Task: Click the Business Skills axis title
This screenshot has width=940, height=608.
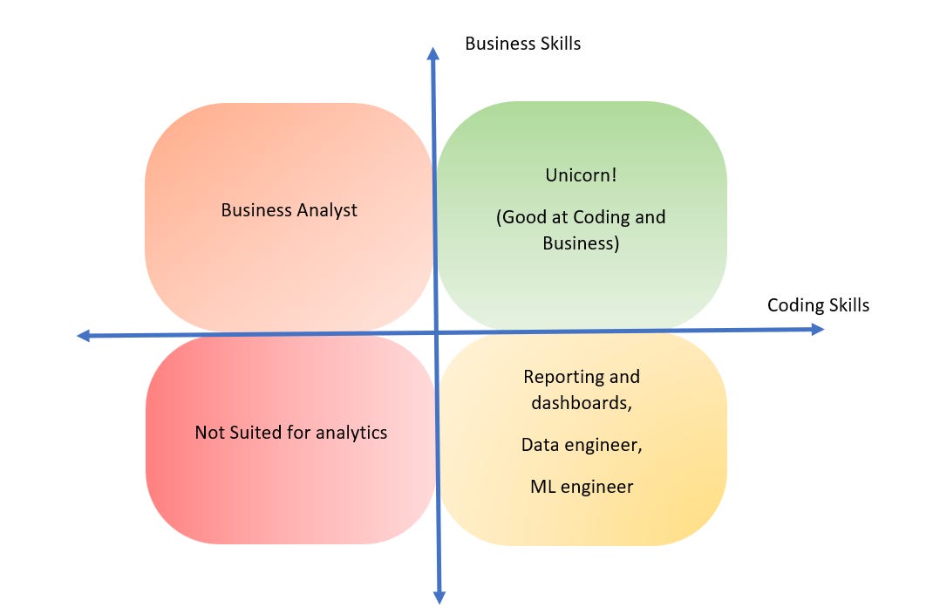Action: coord(522,44)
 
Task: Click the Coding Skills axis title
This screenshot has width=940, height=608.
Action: coord(818,305)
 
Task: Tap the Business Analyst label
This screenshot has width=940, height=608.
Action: coord(289,210)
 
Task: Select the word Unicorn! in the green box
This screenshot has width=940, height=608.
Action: coord(581,174)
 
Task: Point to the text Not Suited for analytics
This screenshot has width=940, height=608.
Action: coord(290,432)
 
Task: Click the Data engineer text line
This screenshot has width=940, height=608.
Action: coord(582,445)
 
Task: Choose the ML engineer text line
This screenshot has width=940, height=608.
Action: coord(582,487)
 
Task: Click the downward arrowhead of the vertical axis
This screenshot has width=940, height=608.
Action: coord(439,597)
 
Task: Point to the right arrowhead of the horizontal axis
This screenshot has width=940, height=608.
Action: coord(818,329)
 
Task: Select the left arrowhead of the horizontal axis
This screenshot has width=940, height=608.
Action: coord(84,335)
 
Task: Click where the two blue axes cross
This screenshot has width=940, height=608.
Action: coord(435,332)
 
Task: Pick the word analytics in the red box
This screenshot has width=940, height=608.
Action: coord(351,432)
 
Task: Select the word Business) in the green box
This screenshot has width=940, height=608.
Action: coord(581,243)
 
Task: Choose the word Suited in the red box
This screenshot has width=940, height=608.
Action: coord(253,432)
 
